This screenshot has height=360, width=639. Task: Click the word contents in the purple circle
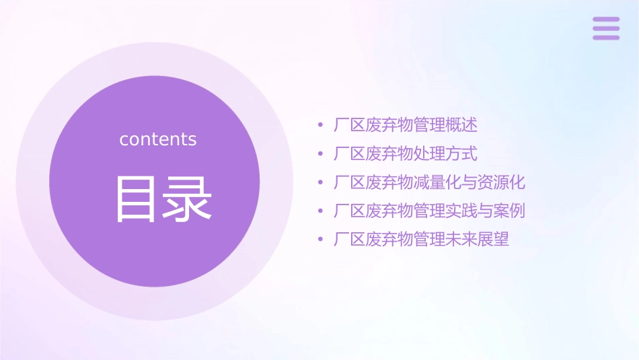coord(158,139)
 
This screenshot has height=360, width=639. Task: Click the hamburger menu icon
coord(606,28)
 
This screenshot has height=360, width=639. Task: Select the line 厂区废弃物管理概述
coord(406,125)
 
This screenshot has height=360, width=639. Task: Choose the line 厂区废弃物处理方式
coord(406,153)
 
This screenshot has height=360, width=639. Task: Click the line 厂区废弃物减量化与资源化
coord(429,182)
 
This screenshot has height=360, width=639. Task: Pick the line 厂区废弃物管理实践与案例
coord(429,211)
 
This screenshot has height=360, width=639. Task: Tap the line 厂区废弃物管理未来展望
coord(422,239)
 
